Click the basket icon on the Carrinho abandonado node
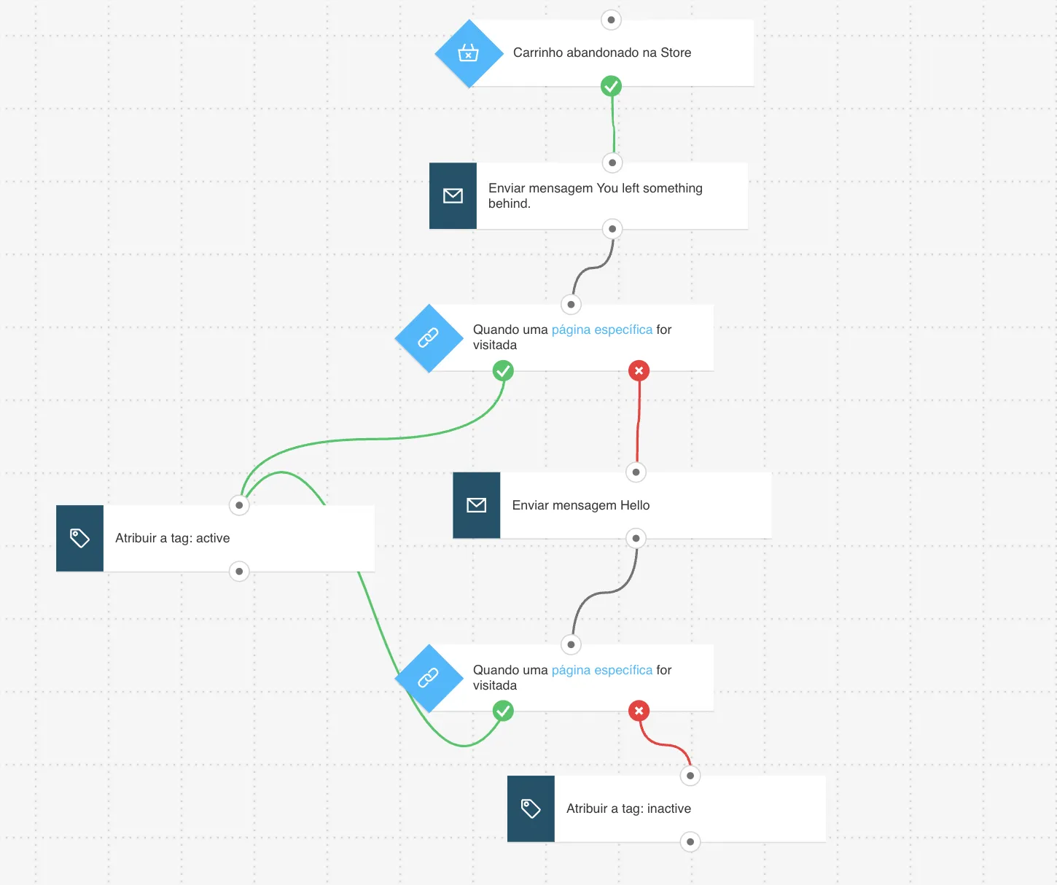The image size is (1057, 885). click(x=468, y=52)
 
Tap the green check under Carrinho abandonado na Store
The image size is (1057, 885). click(x=611, y=86)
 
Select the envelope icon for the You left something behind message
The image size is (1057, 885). click(x=453, y=195)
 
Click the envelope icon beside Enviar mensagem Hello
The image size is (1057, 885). click(x=476, y=504)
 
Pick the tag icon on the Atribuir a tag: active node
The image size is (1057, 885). click(x=79, y=538)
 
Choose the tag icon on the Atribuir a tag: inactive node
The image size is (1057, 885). click(x=531, y=808)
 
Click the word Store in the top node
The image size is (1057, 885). click(x=676, y=52)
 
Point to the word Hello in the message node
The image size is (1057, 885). click(x=635, y=505)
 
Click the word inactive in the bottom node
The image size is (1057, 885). click(x=668, y=808)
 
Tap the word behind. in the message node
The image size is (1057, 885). click(x=510, y=203)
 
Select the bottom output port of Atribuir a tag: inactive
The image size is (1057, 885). click(x=690, y=842)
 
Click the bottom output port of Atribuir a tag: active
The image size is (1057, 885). click(x=239, y=572)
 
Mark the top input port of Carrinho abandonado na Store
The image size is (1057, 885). click(x=611, y=20)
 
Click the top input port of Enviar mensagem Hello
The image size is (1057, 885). click(x=636, y=472)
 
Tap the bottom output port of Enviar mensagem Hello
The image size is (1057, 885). click(x=636, y=538)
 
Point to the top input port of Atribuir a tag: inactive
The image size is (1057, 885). click(x=690, y=776)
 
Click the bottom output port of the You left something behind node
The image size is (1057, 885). click(x=612, y=229)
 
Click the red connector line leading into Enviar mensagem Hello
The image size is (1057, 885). click(x=638, y=422)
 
